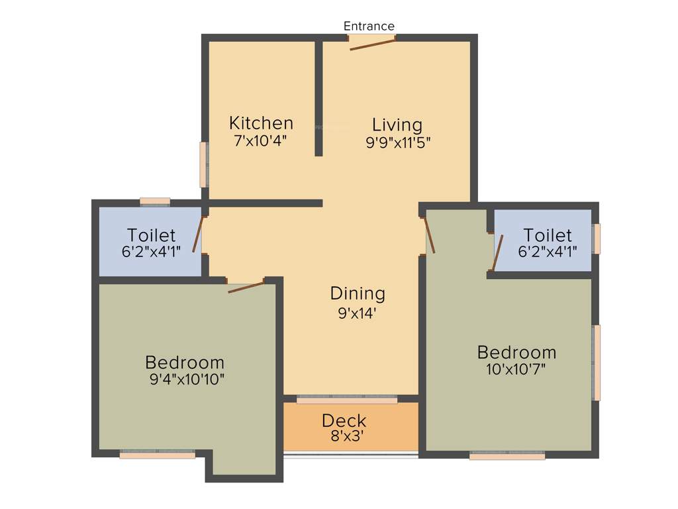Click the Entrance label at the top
point(369,27)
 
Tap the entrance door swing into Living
point(372,44)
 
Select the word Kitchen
point(261,123)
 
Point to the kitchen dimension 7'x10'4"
point(260,141)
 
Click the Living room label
point(397,125)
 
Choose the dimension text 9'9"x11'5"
point(398,142)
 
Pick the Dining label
point(358,294)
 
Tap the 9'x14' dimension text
point(358,313)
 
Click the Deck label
point(344,421)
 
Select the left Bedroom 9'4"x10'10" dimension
point(187,380)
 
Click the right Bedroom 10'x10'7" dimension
point(517,369)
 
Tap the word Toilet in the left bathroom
point(152,235)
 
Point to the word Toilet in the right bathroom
point(548,235)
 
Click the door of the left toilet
point(197,235)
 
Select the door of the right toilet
point(497,253)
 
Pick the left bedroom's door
point(246,287)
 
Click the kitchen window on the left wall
point(205,164)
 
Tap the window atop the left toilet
point(155,201)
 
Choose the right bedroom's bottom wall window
point(507,456)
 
